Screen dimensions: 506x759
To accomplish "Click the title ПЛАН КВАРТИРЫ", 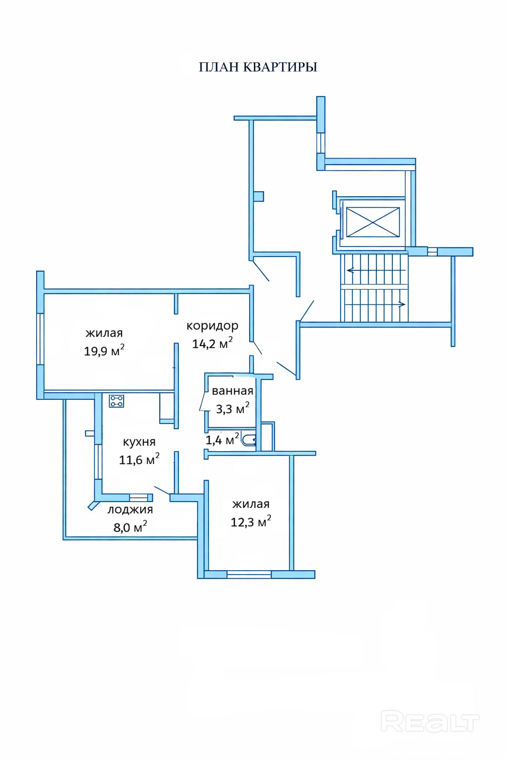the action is click(x=258, y=67).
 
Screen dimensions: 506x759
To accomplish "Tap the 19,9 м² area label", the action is click(x=104, y=351).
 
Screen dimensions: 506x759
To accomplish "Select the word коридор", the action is click(x=212, y=326).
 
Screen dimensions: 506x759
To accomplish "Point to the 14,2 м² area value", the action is click(x=212, y=343).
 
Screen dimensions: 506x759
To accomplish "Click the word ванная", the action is click(x=232, y=391).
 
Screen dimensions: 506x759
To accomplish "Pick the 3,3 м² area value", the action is click(x=232, y=409).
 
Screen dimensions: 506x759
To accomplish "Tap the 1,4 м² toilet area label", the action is click(x=222, y=439).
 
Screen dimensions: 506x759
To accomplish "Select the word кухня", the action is click(x=139, y=442).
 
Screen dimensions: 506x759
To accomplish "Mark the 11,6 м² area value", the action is click(x=139, y=460).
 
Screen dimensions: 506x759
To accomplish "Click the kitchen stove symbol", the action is click(x=117, y=401).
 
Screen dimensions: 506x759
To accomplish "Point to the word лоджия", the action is click(x=130, y=510).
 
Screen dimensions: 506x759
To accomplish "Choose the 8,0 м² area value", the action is click(x=130, y=527).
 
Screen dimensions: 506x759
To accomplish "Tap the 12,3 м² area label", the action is click(x=251, y=522).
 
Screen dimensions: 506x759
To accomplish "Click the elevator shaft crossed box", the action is click(x=373, y=222).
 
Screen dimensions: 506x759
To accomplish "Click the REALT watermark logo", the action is click(x=430, y=722).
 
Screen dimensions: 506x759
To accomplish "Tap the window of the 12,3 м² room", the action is click(x=249, y=574).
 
